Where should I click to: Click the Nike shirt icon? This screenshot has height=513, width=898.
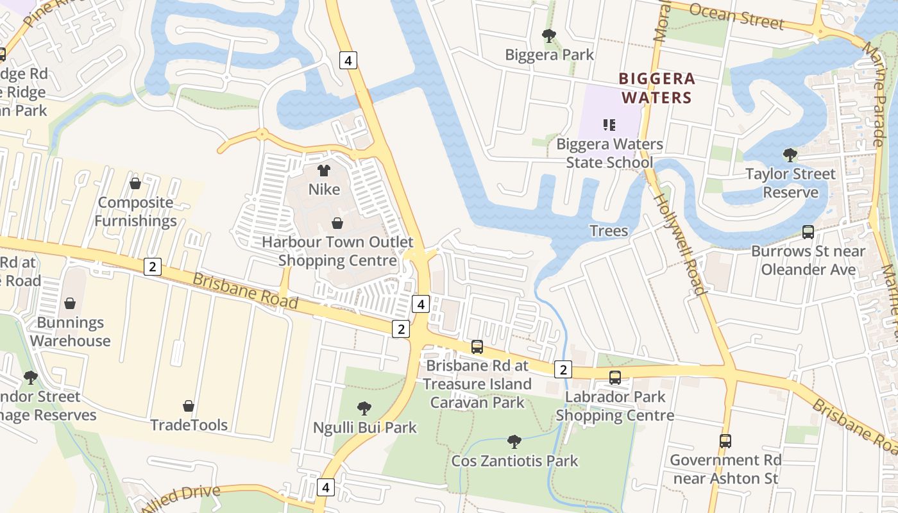[324, 171]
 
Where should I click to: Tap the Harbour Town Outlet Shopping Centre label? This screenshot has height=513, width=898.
[337, 251]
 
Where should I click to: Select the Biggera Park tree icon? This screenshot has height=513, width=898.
[549, 35]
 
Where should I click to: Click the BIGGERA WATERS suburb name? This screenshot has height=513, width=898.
[657, 88]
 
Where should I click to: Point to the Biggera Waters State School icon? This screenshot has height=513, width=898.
[609, 124]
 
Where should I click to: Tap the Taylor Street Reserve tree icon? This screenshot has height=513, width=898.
[790, 155]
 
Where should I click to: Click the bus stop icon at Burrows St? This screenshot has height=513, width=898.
[808, 232]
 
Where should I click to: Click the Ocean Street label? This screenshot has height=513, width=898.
[736, 15]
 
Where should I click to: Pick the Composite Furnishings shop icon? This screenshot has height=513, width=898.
[135, 183]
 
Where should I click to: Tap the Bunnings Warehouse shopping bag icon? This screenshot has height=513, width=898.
[70, 303]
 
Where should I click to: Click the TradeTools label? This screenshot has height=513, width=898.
[189, 425]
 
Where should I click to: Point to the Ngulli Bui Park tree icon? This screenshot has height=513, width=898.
[364, 408]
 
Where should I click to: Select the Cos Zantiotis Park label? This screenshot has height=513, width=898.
[514, 460]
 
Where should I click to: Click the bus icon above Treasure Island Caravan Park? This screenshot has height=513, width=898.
[477, 347]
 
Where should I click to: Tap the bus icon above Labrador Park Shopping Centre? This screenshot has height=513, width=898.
[615, 378]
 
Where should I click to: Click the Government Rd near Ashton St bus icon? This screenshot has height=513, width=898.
[725, 441]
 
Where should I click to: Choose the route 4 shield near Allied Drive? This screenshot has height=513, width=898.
[326, 487]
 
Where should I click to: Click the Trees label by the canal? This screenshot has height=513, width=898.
[609, 230]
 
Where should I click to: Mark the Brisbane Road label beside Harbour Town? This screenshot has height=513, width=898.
[245, 290]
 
